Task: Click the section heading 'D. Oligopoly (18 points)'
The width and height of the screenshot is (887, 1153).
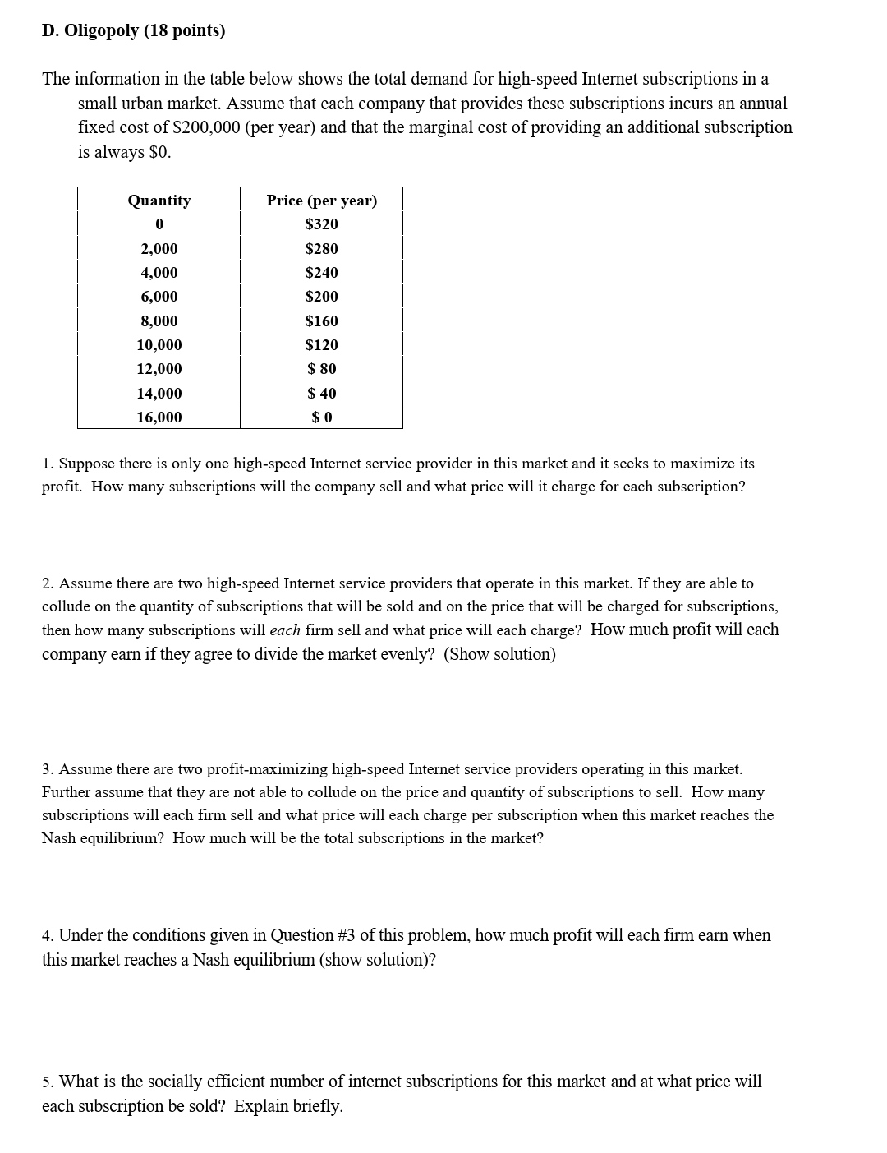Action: click(133, 31)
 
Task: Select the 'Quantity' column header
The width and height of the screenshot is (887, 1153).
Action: click(159, 201)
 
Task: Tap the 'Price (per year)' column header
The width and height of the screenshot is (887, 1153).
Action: click(321, 201)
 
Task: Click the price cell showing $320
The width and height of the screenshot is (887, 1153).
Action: click(321, 224)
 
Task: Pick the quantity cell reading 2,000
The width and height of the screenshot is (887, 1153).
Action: click(159, 249)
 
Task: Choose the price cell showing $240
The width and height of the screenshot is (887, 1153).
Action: click(321, 273)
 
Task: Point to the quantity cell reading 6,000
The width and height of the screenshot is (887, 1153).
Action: click(159, 297)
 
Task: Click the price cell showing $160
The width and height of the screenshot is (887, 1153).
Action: click(321, 321)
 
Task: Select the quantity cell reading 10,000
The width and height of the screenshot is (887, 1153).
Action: click(159, 345)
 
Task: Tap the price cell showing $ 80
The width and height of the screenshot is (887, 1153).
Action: click(321, 369)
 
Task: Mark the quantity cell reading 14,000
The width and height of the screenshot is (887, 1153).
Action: click(159, 394)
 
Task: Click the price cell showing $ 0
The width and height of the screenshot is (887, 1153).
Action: click(321, 417)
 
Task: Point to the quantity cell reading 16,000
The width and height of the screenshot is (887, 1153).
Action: click(159, 417)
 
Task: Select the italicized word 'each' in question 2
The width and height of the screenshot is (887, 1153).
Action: click(285, 630)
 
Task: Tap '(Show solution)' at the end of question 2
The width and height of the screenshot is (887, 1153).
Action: click(499, 654)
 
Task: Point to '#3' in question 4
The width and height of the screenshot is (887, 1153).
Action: click(347, 935)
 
